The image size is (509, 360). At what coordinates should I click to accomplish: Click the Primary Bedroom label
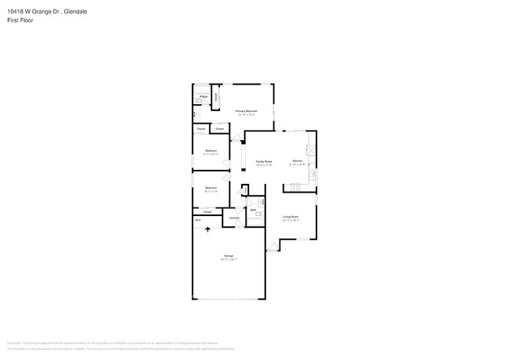pyautogui.click(x=246, y=111)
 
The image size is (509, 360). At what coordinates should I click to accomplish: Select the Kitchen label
pyautogui.click(x=298, y=160)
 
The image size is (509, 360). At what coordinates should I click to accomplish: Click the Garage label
pyautogui.click(x=229, y=256)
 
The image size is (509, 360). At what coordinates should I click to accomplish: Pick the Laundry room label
pyautogui.click(x=234, y=218)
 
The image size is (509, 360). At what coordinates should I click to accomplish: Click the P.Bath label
pyautogui.click(x=203, y=96)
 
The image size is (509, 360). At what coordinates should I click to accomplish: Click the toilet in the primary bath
pyautogui.click(x=198, y=104)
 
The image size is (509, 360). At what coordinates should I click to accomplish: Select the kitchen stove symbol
pyautogui.click(x=296, y=186)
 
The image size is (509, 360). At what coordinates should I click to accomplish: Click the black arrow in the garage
pyautogui.click(x=208, y=229)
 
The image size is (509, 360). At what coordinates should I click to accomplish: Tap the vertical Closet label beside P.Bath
pyautogui.click(x=216, y=96)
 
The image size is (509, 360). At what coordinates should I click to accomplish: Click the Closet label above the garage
pyautogui.click(x=208, y=212)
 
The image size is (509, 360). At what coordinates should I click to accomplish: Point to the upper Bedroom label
pyautogui.click(x=211, y=150)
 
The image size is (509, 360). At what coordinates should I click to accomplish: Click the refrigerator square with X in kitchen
pyautogui.click(x=310, y=150)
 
